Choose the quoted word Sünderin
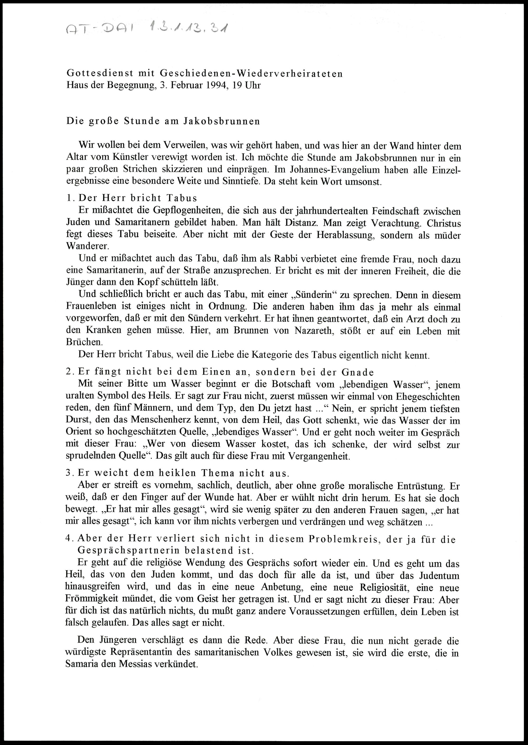point(308,295)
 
